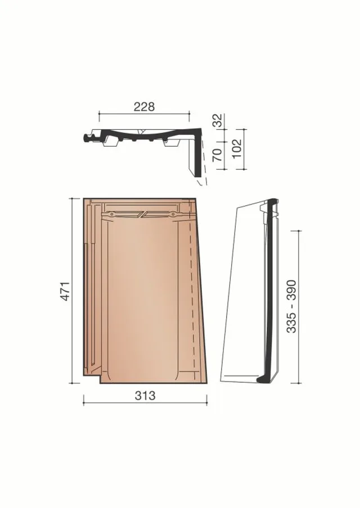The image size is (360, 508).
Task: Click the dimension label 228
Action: coord(145,107)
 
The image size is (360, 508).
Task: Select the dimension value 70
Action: coord(217,155)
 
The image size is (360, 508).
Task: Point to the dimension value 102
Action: coord(237,148)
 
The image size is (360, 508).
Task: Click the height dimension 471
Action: coord(66,291)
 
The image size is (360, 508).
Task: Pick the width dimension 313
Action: coord(145,395)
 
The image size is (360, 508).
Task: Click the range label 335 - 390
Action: coord(291,306)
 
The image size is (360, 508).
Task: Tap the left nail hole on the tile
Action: coord(111,214)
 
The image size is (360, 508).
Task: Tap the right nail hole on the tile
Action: coord(173,214)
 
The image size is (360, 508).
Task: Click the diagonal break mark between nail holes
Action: coord(143,214)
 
